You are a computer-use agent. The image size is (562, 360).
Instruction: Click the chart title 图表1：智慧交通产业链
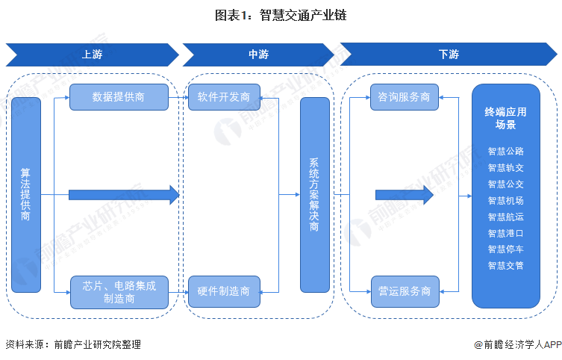pyautogui.click(x=281, y=15)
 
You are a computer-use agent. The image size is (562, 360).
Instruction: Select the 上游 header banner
pyautogui.click(x=92, y=55)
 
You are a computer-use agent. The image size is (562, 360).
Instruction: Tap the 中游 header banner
pyautogui.click(x=258, y=55)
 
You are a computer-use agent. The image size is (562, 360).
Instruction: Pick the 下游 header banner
pyautogui.click(x=449, y=54)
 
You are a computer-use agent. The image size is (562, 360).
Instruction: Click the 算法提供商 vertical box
pyautogui.click(x=26, y=195)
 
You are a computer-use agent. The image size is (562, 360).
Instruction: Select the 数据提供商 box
pyautogui.click(x=119, y=97)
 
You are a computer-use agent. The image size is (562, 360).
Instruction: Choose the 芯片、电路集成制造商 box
pyautogui.click(x=119, y=292)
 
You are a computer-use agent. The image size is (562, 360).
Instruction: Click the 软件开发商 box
pyautogui.click(x=224, y=97)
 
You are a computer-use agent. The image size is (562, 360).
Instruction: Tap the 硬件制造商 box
pyautogui.click(x=224, y=291)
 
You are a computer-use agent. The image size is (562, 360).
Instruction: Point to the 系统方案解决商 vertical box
pyautogui.click(x=314, y=195)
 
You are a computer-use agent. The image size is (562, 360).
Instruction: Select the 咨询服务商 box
pyautogui.click(x=404, y=97)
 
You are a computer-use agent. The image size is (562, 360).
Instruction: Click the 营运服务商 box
pyautogui.click(x=405, y=291)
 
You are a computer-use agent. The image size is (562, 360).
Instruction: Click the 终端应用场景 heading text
pyautogui.click(x=505, y=118)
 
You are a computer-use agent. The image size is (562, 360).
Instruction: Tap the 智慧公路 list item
pyautogui.click(x=506, y=152)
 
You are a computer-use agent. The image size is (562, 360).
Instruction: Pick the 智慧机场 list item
pyautogui.click(x=506, y=200)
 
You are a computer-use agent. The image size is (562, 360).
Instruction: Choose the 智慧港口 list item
pyautogui.click(x=506, y=234)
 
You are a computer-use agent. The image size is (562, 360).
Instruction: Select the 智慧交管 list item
pyautogui.click(x=506, y=266)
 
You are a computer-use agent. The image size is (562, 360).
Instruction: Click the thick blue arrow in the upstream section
pyautogui.click(x=124, y=195)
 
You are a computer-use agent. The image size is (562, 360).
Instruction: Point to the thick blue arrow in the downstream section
pyautogui.click(x=405, y=195)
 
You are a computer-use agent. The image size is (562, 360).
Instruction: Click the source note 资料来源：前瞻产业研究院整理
pyautogui.click(x=73, y=345)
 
